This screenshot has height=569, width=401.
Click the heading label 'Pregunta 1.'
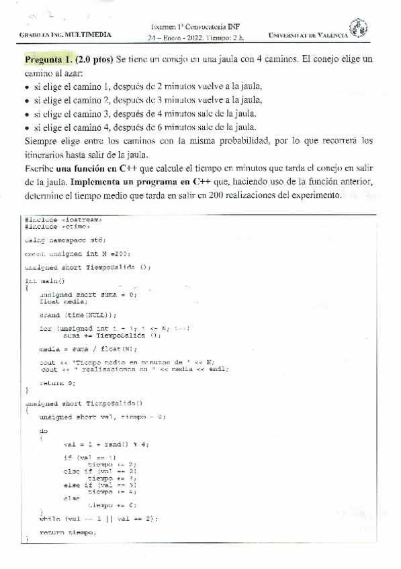(49, 59)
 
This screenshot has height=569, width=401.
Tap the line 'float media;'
(64, 301)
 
